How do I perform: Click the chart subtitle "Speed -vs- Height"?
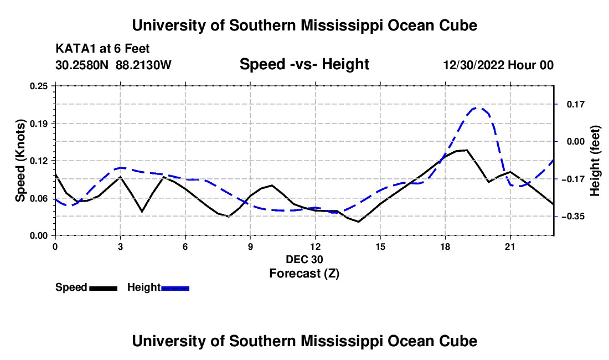[x=304, y=64]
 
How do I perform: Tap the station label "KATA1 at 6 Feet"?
[x=102, y=49]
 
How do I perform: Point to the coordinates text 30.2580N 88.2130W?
[x=113, y=65]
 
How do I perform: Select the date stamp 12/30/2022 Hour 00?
[x=498, y=65]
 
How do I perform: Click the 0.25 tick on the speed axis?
[x=38, y=86]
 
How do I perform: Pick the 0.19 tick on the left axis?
[x=38, y=124]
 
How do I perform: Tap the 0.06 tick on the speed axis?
[x=38, y=198]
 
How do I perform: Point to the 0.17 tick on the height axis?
[x=576, y=105]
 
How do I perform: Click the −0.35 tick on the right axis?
[x=573, y=217]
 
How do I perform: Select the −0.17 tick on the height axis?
[x=573, y=179]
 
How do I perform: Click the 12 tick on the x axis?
[x=316, y=246]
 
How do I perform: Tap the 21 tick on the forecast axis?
[x=510, y=246]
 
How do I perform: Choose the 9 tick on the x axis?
[x=250, y=246]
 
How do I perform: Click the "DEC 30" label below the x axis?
[x=304, y=259]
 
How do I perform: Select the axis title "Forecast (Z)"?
[x=304, y=274]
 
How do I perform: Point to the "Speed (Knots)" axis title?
[x=20, y=161]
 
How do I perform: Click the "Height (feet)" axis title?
[x=595, y=161]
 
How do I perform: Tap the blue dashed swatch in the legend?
[x=175, y=289]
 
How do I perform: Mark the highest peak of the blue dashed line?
[x=477, y=107]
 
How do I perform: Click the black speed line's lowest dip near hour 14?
[x=359, y=222]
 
